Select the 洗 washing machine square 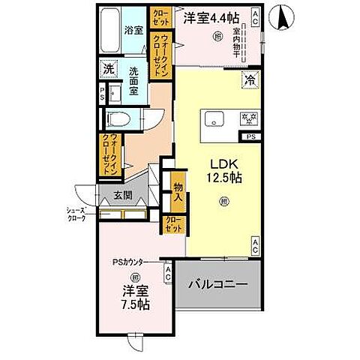pos(109,67)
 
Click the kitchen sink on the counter pos(211,118)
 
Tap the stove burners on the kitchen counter pos(247,118)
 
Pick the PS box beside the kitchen pos(250,137)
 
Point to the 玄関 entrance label pos(124,196)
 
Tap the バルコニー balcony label pos(217,286)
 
